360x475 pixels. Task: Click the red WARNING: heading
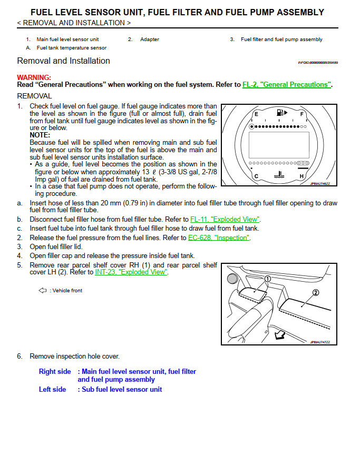pos(34,77)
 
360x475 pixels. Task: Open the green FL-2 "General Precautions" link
pos(287,85)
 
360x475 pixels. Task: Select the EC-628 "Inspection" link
pos(219,237)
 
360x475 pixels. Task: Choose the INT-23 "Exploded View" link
pos(131,272)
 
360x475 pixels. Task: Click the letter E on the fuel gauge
pos(256,114)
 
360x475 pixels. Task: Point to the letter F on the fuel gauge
pos(302,114)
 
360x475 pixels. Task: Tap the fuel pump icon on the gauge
pos(281,113)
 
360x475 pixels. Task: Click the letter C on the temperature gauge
pos(256,176)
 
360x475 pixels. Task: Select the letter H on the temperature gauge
pos(302,176)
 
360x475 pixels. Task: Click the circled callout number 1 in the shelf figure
pos(267,279)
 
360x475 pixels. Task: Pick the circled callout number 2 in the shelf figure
pos(316,293)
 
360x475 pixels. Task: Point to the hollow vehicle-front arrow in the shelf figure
pos(281,333)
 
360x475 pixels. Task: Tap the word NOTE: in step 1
pos(40,135)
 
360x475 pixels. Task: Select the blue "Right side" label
pos(55,371)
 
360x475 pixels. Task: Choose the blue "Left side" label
pos(53,389)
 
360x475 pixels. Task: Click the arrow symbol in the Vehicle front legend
pos(43,290)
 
